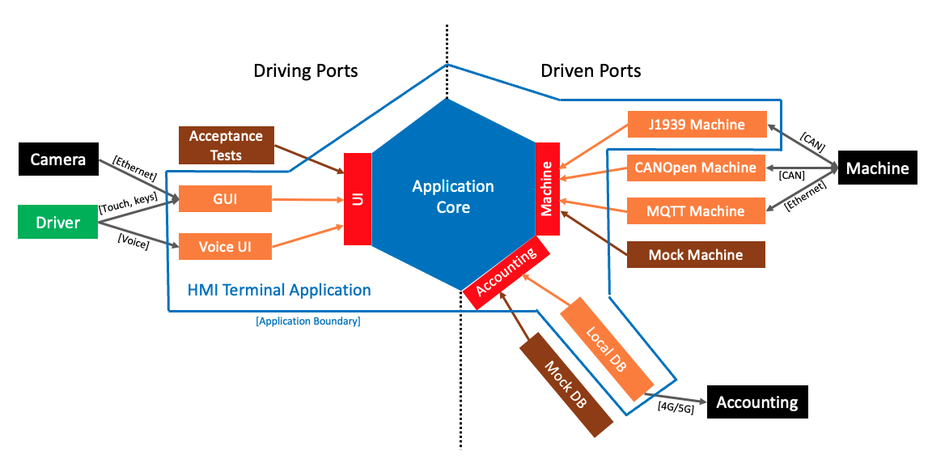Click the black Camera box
click(x=58, y=159)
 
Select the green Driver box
click(x=58, y=222)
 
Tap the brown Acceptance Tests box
click(x=226, y=144)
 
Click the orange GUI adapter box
click(x=225, y=198)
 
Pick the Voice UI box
click(x=225, y=247)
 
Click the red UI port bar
click(x=358, y=198)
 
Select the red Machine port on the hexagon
click(x=547, y=189)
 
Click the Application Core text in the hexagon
click(x=452, y=197)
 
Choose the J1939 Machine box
click(x=697, y=125)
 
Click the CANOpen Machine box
click(x=697, y=168)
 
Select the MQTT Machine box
click(x=697, y=211)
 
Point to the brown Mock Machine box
click(x=697, y=255)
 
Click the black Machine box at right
click(x=877, y=168)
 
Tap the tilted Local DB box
click(x=606, y=348)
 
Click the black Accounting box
click(x=757, y=402)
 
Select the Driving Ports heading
click(x=306, y=71)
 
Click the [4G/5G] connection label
click(x=676, y=408)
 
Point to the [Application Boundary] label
click(x=307, y=321)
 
